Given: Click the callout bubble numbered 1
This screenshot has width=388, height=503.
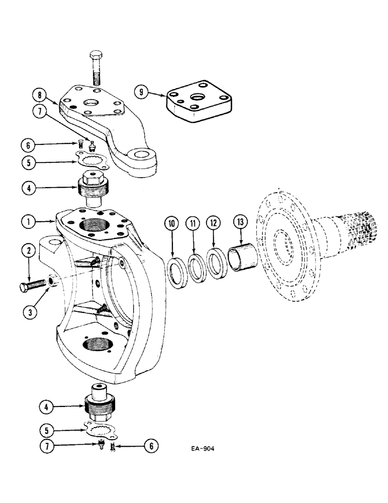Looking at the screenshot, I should (x=30, y=220).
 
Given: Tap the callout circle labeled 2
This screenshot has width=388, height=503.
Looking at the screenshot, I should (x=30, y=249).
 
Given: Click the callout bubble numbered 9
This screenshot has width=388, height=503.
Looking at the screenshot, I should (x=142, y=92).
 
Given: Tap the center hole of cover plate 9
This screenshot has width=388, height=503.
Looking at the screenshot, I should (x=198, y=97).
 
